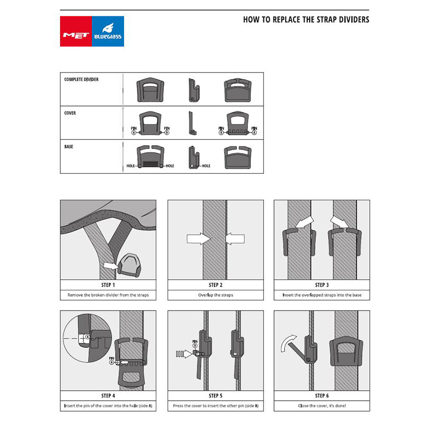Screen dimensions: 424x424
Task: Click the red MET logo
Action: click(x=76, y=31)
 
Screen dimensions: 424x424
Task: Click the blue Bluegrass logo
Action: click(x=108, y=31)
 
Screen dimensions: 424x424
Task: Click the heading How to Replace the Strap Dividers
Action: click(x=306, y=20)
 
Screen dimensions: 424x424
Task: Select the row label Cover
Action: click(x=70, y=113)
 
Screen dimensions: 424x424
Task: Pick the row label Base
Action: click(x=69, y=146)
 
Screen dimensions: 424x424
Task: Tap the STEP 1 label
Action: click(x=108, y=285)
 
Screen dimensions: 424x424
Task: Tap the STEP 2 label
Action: click(x=215, y=285)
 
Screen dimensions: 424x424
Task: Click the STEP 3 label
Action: click(x=322, y=285)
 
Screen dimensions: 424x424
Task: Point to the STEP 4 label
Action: click(x=108, y=395)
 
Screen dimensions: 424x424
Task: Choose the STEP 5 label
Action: click(x=215, y=395)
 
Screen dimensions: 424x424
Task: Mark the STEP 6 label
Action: click(x=322, y=395)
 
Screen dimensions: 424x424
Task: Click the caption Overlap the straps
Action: click(x=215, y=295)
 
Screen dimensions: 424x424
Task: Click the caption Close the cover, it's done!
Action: click(x=322, y=406)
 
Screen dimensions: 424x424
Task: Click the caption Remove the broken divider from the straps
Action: click(x=108, y=295)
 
